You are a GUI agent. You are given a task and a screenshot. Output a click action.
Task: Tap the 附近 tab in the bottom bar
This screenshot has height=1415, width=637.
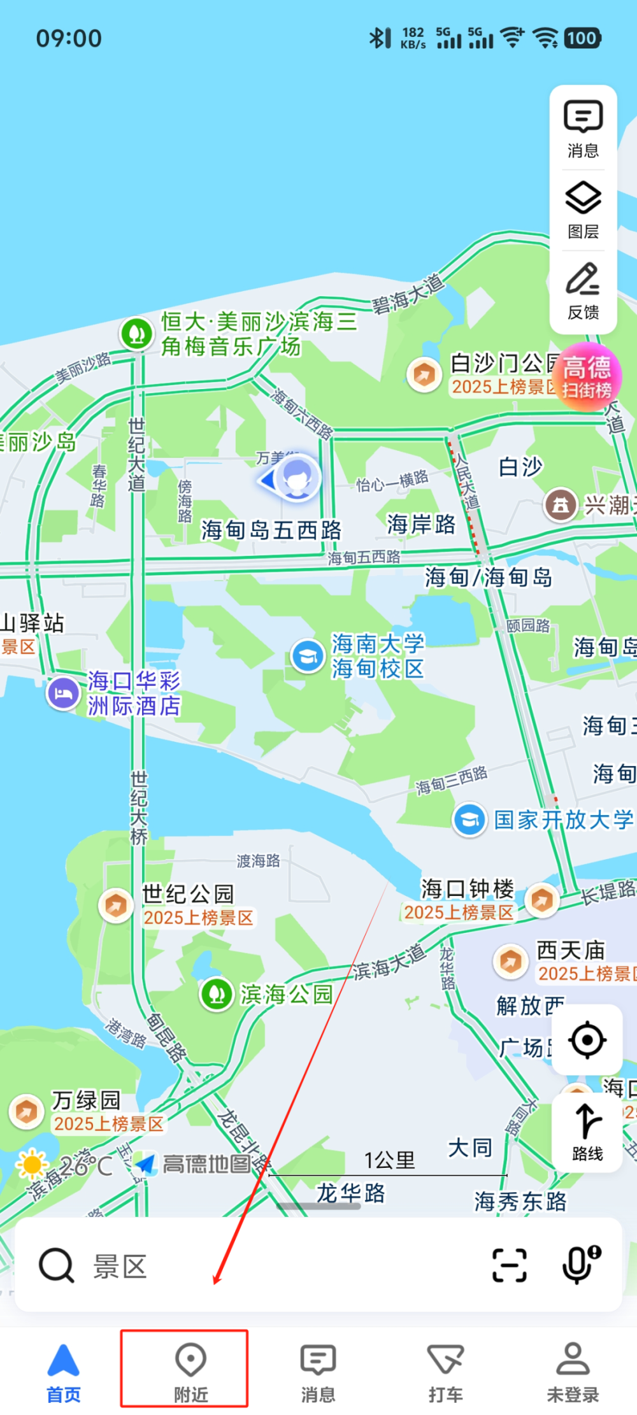click(x=190, y=1369)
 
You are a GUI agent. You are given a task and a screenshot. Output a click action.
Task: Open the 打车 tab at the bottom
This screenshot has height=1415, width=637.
click(x=445, y=1369)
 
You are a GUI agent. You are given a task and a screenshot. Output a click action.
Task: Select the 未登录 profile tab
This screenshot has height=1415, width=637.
click(x=573, y=1369)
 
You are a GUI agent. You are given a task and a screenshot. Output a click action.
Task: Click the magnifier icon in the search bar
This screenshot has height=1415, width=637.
click(x=57, y=1265)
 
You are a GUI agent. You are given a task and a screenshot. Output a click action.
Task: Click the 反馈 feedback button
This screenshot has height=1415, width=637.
click(x=583, y=290)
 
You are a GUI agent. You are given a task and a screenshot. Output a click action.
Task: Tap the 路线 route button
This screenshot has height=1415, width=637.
click(x=587, y=1133)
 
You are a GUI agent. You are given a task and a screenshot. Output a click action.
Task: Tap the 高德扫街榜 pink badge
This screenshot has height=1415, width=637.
click(x=587, y=376)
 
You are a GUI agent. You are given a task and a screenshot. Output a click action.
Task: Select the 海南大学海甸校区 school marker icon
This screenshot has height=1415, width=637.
click(x=308, y=655)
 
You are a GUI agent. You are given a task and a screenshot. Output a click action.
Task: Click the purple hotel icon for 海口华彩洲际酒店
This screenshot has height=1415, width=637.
click(x=63, y=692)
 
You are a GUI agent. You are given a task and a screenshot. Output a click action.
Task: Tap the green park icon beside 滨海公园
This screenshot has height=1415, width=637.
click(x=217, y=993)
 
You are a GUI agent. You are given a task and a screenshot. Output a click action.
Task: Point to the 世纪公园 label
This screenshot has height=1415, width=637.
click(x=188, y=894)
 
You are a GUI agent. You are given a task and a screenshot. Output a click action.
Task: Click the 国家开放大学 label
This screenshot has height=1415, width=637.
click(x=564, y=820)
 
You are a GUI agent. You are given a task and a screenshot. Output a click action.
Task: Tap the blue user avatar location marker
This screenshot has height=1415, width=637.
click(x=296, y=478)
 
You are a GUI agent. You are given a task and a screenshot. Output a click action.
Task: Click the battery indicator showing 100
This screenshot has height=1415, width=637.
click(x=582, y=38)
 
